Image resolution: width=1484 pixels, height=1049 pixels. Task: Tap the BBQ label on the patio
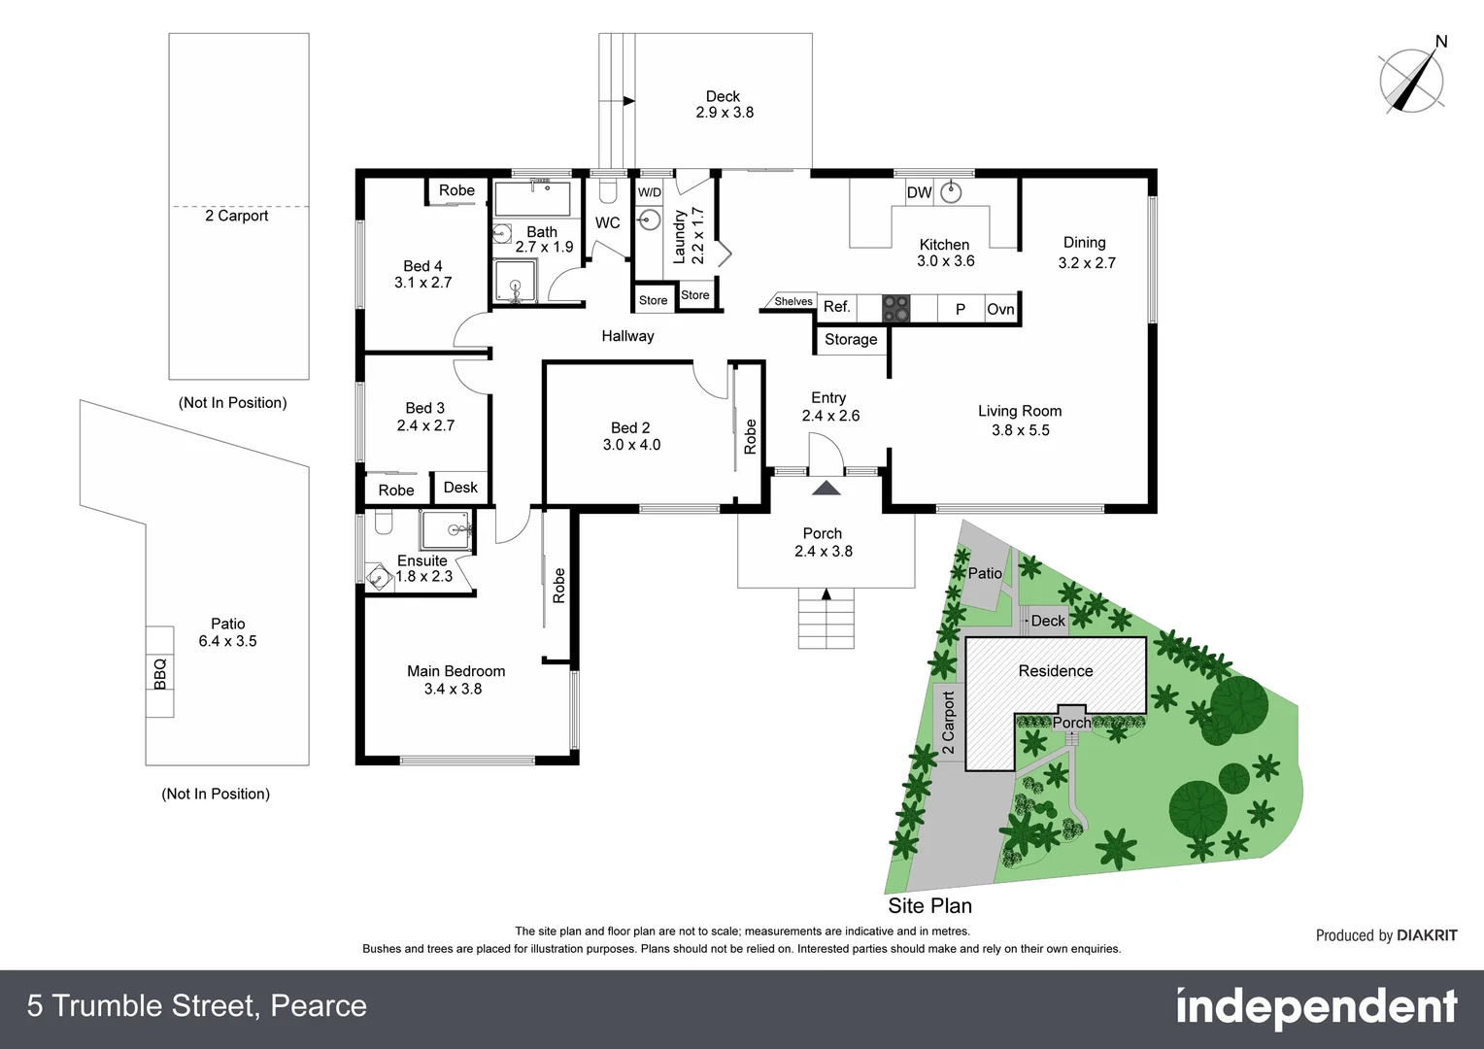click(x=160, y=672)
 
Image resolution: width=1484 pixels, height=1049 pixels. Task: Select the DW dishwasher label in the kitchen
click(x=919, y=192)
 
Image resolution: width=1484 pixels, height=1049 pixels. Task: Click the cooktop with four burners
click(x=896, y=308)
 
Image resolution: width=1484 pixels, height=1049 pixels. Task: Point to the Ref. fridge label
click(x=836, y=307)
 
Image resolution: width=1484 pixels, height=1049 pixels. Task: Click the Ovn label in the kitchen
click(x=1000, y=309)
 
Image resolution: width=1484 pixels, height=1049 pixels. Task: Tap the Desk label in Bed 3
click(x=460, y=487)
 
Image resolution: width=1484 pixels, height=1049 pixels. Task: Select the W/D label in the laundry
click(x=650, y=192)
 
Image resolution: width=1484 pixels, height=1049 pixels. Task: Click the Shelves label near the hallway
click(x=793, y=301)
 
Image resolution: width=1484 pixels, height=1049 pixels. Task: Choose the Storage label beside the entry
click(x=851, y=339)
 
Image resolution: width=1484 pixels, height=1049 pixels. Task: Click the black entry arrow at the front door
click(x=826, y=488)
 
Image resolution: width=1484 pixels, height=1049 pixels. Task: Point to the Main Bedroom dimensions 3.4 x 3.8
click(x=453, y=689)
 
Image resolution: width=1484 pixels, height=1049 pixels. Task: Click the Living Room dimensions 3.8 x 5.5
click(x=1020, y=429)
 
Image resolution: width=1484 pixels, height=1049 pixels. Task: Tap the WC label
click(x=607, y=222)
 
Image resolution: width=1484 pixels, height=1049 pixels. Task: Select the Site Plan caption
click(x=929, y=905)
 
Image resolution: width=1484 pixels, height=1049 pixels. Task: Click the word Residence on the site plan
click(x=1056, y=670)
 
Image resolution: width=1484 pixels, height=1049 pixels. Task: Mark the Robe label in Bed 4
click(x=456, y=190)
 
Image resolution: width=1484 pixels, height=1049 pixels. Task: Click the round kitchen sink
click(x=951, y=191)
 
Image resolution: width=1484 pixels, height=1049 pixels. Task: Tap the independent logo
click(x=1316, y=1007)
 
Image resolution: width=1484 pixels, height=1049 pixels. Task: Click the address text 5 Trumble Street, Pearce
click(x=197, y=1005)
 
